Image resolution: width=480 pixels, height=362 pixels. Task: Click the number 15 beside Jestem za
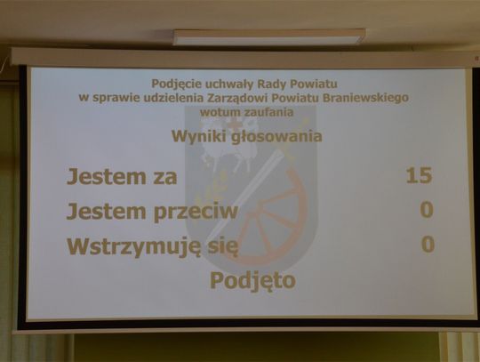click(419, 175)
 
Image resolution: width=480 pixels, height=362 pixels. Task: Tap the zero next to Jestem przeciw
click(427, 210)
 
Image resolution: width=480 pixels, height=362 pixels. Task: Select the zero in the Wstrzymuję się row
click(428, 245)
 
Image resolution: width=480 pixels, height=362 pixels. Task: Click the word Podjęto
click(252, 280)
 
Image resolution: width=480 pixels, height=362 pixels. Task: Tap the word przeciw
click(196, 212)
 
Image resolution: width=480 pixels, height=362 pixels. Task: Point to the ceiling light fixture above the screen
click(269, 36)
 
